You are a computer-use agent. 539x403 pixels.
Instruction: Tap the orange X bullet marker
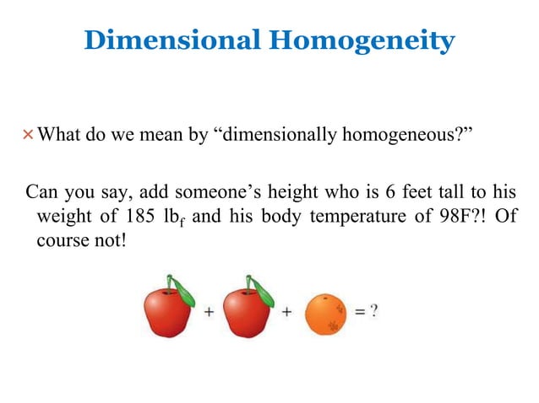click(x=30, y=134)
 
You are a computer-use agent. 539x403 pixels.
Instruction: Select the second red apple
click(x=248, y=310)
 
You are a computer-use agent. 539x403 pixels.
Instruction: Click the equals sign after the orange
click(x=358, y=311)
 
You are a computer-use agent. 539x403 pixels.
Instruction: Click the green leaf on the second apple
click(x=263, y=292)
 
